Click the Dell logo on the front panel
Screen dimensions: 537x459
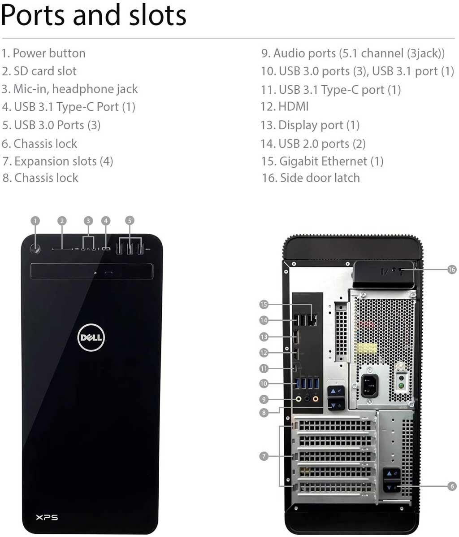coord(91,338)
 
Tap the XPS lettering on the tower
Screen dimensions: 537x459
coord(47,517)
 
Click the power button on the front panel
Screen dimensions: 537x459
coord(35,249)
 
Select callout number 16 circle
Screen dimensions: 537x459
coord(452,269)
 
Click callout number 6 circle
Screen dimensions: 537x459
coord(452,486)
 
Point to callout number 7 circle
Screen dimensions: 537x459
coord(264,456)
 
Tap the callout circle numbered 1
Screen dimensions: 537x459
coord(35,221)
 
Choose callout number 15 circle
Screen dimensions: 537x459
coord(264,305)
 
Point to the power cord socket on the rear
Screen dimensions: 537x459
coord(369,385)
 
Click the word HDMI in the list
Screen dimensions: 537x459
coord(293,107)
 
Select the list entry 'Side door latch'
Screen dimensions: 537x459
coord(320,178)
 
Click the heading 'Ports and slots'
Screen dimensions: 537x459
coord(94,15)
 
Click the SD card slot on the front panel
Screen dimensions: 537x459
coord(62,249)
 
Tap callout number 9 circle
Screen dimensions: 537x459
coord(264,399)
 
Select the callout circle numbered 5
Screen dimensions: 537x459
coord(130,221)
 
